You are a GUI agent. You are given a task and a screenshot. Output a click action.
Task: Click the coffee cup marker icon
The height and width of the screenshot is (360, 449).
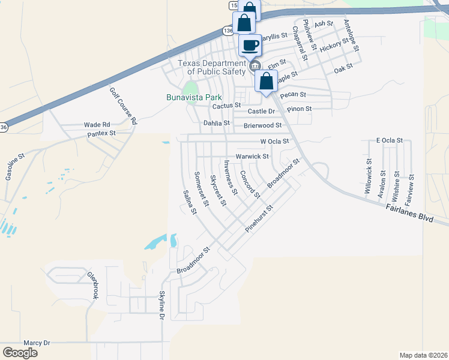tap(250, 45)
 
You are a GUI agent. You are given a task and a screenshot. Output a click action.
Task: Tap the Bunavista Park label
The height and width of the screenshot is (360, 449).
tap(194, 97)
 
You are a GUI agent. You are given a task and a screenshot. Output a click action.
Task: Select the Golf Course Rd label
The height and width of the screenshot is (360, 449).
tap(123, 106)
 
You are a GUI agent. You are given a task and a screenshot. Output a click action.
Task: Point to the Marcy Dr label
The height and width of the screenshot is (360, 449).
tap(37, 343)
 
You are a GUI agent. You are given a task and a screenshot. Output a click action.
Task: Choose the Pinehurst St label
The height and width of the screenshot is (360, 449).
tap(259, 219)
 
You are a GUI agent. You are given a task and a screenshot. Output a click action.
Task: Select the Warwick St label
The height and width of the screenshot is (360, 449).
tap(252, 157)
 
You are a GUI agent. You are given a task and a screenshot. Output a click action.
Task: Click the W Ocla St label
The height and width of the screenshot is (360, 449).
tap(274, 142)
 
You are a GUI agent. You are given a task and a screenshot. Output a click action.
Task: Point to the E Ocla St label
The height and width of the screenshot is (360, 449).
tap(389, 140)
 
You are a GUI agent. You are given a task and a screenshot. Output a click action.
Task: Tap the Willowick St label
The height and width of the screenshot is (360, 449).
tap(369, 176)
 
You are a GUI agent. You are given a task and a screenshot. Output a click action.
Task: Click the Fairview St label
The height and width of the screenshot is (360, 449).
tap(411, 186)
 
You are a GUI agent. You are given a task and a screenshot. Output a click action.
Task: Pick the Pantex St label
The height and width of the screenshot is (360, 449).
tap(101, 133)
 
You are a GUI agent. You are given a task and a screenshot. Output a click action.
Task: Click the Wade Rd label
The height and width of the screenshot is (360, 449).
tap(97, 125)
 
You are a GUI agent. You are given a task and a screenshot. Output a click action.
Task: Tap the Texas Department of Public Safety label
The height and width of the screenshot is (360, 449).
tap(212, 67)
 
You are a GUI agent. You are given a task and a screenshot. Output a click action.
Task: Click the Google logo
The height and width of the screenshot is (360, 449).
tap(20, 353)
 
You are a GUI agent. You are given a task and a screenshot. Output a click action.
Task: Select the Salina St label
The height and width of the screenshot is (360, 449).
tap(190, 202)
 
